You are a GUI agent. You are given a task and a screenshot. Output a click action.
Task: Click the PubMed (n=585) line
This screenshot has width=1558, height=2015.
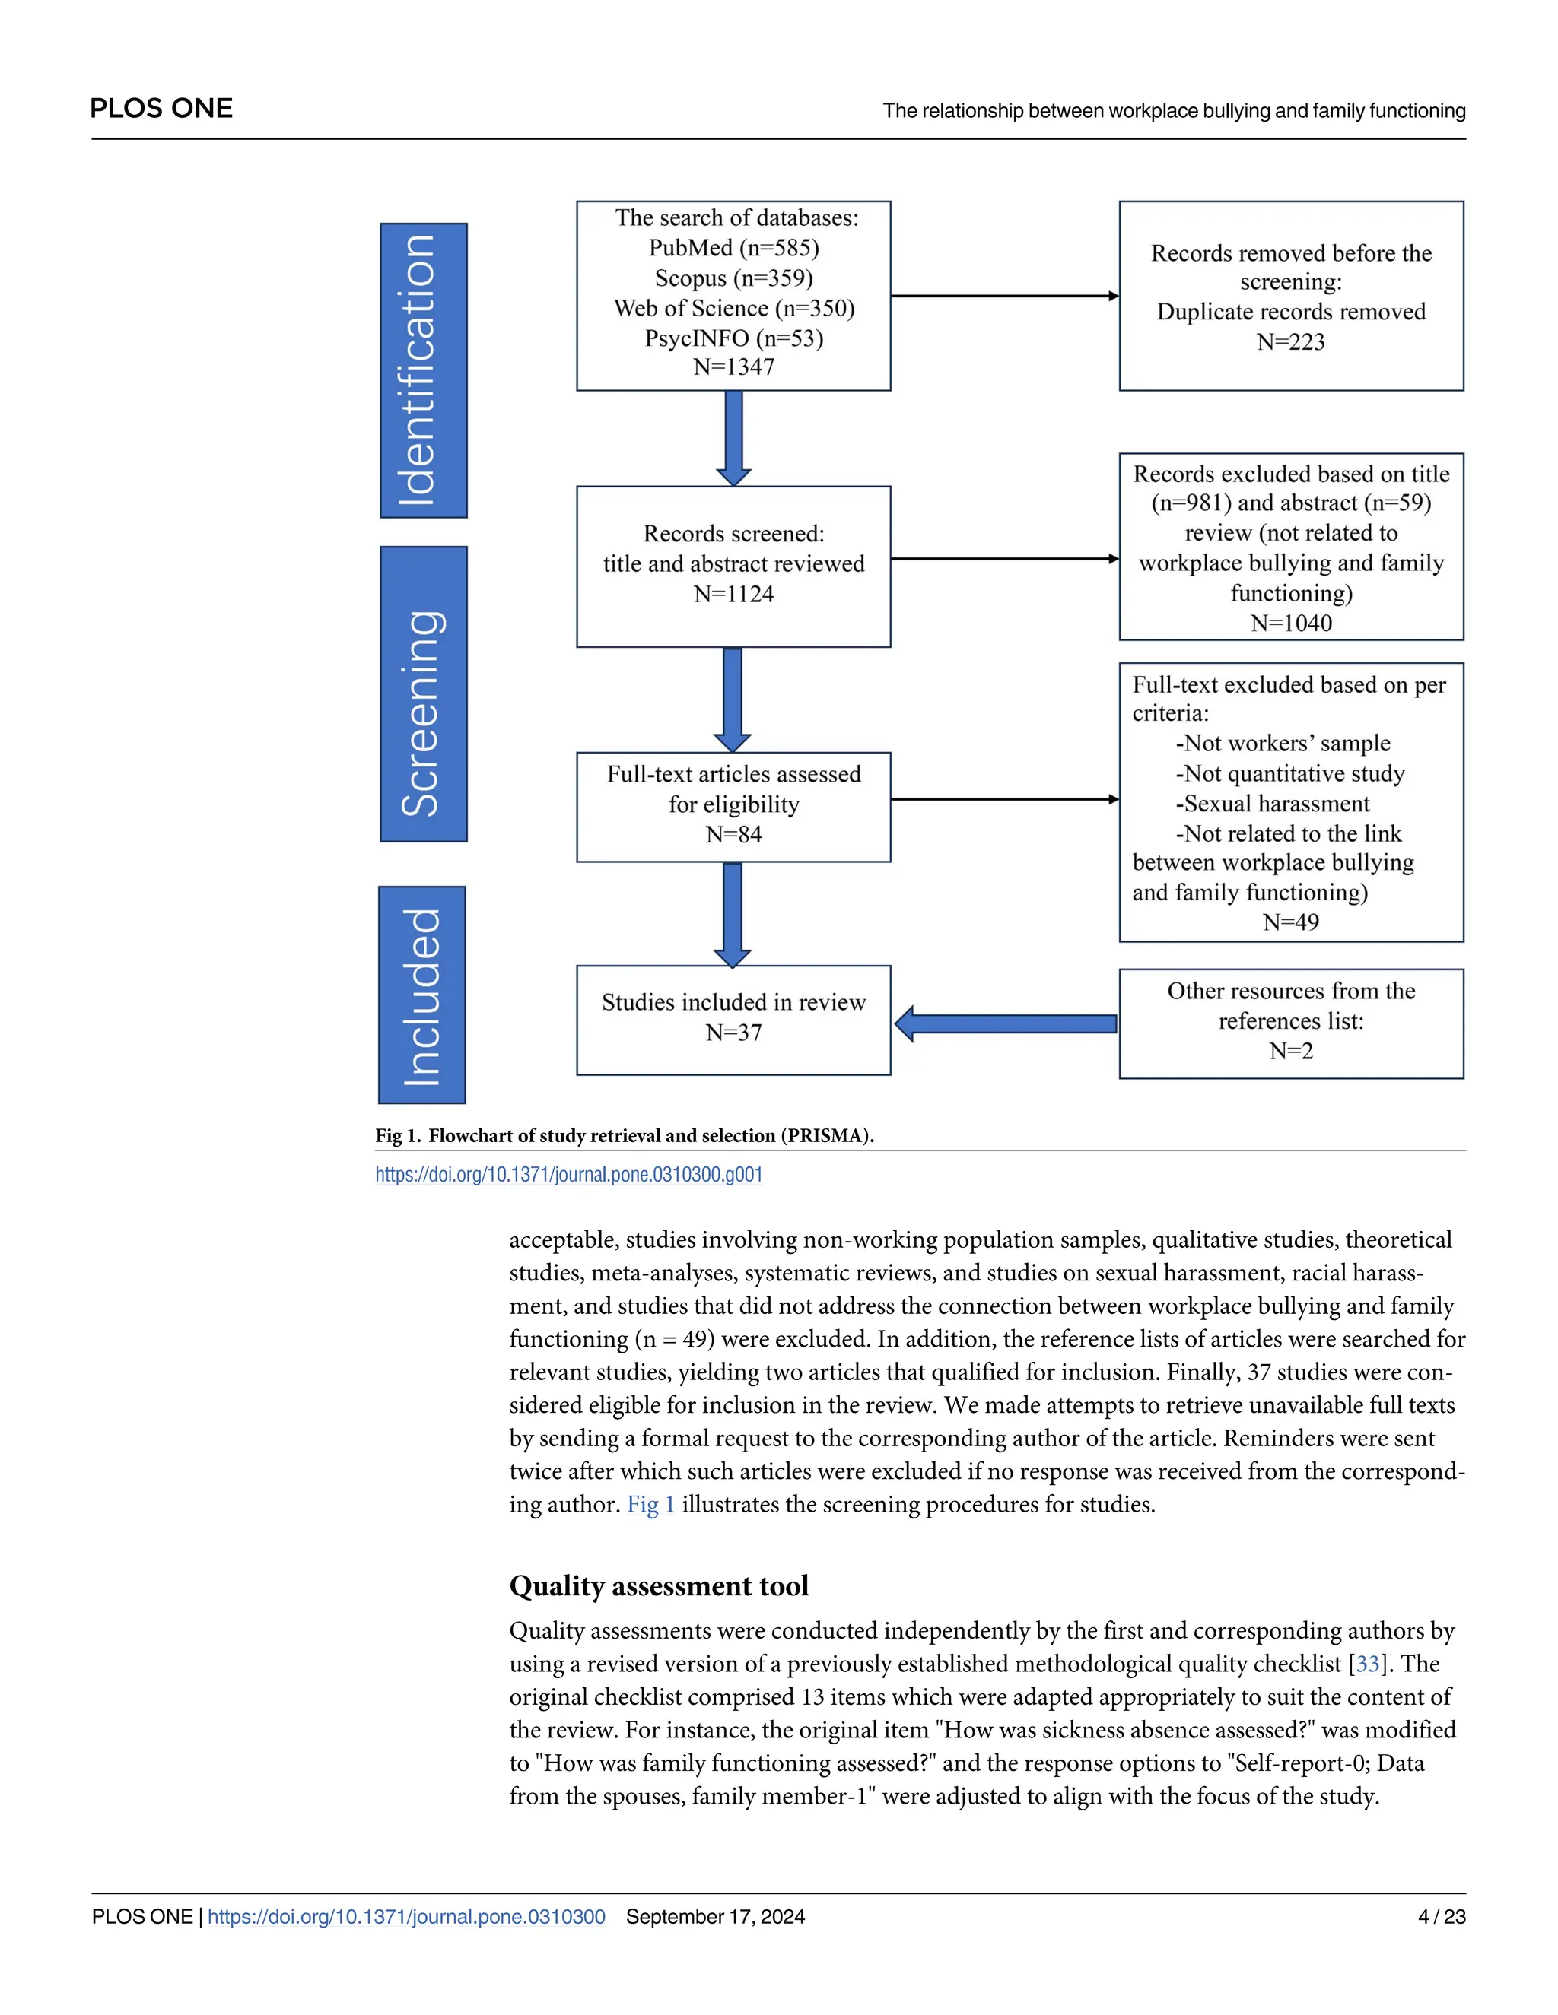(x=734, y=248)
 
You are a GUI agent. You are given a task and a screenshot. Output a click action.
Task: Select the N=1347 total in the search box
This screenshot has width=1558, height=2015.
(x=734, y=367)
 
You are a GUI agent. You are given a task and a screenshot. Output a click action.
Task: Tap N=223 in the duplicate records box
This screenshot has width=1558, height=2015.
(x=1290, y=342)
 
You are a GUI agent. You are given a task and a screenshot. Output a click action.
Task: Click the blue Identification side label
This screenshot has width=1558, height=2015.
(x=424, y=370)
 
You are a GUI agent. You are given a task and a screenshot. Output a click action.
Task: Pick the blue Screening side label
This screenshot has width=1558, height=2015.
(x=424, y=693)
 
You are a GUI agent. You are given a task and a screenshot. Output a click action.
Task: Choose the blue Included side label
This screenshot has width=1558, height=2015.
(x=421, y=995)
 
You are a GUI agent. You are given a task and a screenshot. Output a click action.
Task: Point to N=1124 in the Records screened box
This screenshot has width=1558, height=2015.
(x=734, y=594)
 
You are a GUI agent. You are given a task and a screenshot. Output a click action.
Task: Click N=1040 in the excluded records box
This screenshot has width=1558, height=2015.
(x=1290, y=624)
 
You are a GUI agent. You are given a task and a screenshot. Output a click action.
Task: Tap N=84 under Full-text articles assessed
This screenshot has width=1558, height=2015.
(x=734, y=835)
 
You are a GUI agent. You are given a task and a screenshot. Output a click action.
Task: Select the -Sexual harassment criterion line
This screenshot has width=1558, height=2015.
(x=1272, y=804)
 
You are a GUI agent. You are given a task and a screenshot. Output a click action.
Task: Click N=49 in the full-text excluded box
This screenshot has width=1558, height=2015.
(x=1290, y=922)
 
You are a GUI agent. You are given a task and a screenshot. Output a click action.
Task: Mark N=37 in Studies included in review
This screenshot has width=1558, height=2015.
(x=734, y=1033)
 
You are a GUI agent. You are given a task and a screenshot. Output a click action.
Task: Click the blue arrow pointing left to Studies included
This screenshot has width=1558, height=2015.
(x=1006, y=1024)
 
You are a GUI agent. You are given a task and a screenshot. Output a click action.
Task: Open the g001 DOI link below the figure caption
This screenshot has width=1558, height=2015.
(x=568, y=1175)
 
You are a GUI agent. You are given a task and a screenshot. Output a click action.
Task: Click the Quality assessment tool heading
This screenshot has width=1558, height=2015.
(x=658, y=1586)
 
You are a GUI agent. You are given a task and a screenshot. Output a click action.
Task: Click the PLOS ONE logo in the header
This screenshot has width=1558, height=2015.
(x=161, y=109)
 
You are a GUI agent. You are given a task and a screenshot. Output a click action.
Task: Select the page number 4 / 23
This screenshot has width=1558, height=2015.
(x=1441, y=1916)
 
